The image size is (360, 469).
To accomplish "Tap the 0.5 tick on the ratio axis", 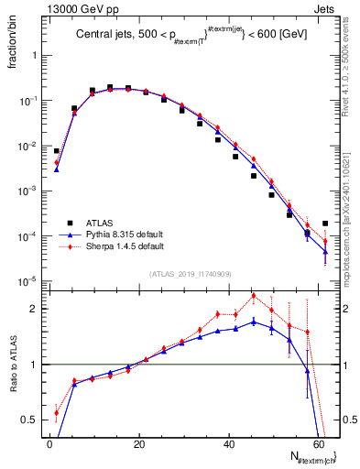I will click(x=32, y=420).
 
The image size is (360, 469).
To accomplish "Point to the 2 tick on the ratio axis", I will click(x=36, y=309).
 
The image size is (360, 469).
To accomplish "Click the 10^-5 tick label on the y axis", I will click(x=28, y=281).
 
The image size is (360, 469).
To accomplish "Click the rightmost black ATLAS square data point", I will click(x=325, y=223).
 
